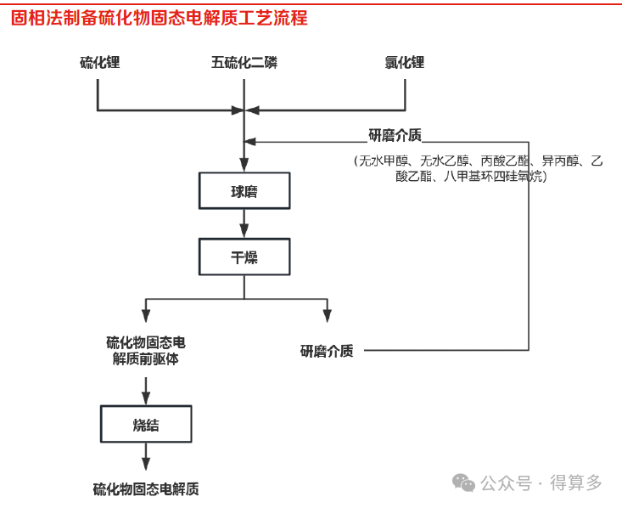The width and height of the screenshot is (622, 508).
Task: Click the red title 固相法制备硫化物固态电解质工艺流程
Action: pyautogui.click(x=159, y=18)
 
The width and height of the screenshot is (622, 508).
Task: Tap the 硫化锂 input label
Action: pyautogui.click(x=99, y=62)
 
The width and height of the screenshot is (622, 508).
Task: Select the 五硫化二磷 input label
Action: pyautogui.click(x=244, y=62)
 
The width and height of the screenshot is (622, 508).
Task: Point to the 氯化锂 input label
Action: pyautogui.click(x=404, y=62)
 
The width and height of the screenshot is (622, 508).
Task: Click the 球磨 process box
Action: pyautogui.click(x=244, y=190)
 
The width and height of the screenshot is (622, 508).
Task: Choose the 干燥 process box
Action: pyautogui.click(x=244, y=257)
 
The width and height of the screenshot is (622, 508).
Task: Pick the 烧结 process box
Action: pyautogui.click(x=146, y=424)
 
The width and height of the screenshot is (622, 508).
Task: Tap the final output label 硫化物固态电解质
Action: pyautogui.click(x=146, y=489)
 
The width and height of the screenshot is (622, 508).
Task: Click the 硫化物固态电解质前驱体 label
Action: pyautogui.click(x=146, y=350)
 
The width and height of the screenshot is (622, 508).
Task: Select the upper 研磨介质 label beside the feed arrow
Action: pyautogui.click(x=395, y=135)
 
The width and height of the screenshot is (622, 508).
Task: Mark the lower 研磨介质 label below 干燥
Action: pyautogui.click(x=327, y=351)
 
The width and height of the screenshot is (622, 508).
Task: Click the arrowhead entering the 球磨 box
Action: pyautogui.click(x=244, y=165)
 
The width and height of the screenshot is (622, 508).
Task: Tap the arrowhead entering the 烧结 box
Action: pyautogui.click(x=146, y=398)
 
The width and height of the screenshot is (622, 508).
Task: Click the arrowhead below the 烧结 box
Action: pyautogui.click(x=146, y=464)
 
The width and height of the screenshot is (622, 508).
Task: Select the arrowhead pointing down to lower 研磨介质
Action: pyautogui.click(x=328, y=316)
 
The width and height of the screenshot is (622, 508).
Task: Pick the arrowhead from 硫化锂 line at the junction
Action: pyautogui.click(x=238, y=110)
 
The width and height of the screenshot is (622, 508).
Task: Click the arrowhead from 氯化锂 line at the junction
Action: pyautogui.click(x=252, y=110)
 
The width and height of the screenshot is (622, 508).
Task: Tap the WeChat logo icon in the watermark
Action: pyautogui.click(x=463, y=483)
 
